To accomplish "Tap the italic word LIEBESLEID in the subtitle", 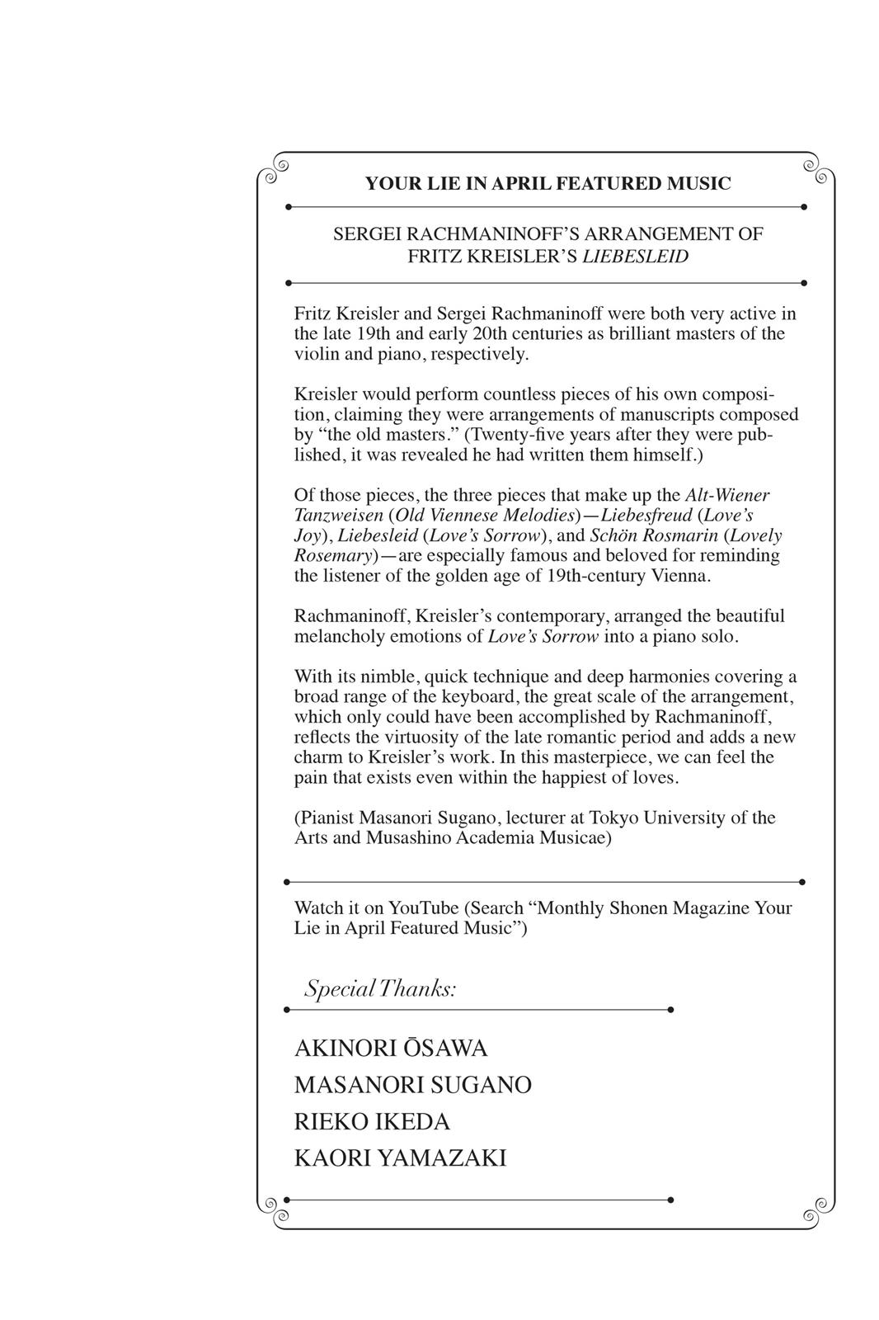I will click(635, 256).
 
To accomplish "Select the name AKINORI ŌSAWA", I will click(391, 1049).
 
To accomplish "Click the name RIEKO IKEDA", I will click(372, 1122).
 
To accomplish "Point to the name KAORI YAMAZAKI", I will click(400, 1158).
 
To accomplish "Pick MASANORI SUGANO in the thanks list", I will click(412, 1085).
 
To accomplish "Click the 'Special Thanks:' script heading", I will click(380, 988).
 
